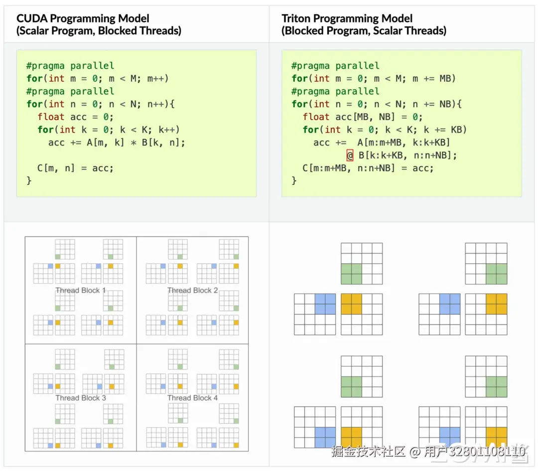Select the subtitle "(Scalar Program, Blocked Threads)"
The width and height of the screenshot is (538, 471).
99,31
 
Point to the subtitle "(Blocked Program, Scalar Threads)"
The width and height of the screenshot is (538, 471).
364,31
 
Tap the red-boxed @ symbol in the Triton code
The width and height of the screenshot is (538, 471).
350,156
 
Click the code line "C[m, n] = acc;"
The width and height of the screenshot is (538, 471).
76,168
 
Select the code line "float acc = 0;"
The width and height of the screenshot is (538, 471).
76,117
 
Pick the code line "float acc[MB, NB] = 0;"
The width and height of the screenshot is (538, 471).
363,117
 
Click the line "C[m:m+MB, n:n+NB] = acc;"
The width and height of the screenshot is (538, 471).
368,168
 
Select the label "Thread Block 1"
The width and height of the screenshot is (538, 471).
81,291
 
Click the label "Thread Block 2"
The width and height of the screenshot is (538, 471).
193,291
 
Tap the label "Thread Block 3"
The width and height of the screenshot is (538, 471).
81,398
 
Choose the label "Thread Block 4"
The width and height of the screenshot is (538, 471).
193,398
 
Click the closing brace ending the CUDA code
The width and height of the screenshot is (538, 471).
29,180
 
